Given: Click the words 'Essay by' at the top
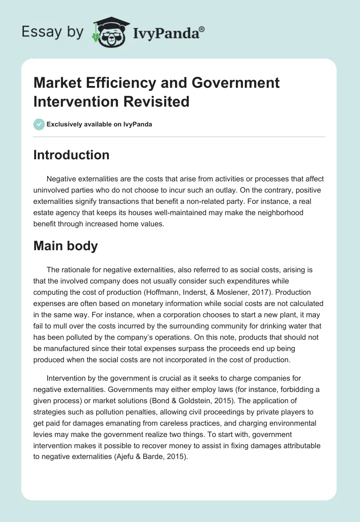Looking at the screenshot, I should pyautogui.click(x=53, y=32).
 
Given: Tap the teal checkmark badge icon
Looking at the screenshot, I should pyautogui.click(x=39, y=124).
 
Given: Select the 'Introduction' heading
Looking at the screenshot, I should pyautogui.click(x=71, y=155).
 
